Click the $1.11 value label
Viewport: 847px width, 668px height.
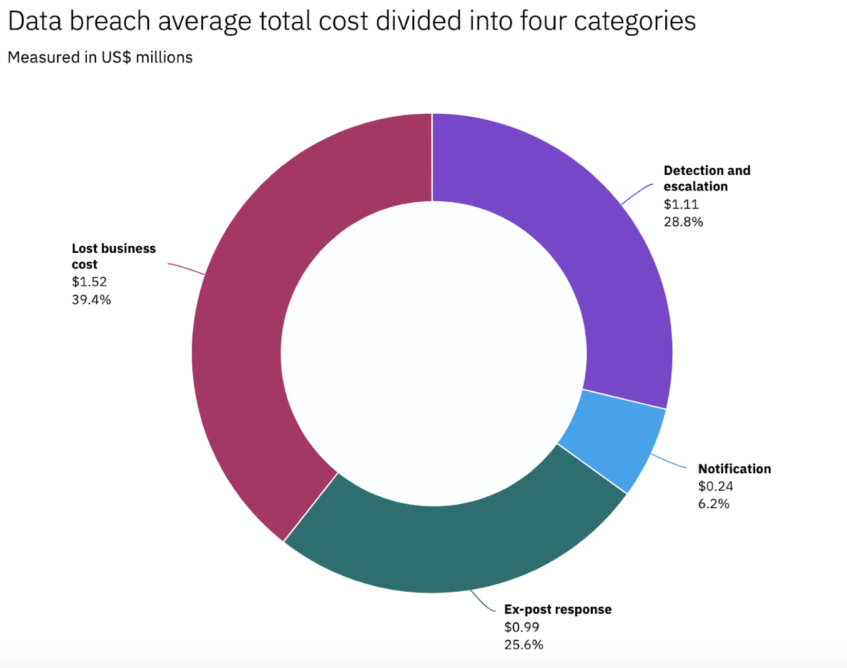(x=681, y=204)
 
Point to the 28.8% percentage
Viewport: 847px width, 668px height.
(x=683, y=222)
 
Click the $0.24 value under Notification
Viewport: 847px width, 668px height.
(x=715, y=486)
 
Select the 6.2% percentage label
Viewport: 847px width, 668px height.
(x=713, y=504)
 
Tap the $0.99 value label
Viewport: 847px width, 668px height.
(x=522, y=627)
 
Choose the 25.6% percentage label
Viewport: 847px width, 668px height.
(x=523, y=644)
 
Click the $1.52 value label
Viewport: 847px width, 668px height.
(x=89, y=282)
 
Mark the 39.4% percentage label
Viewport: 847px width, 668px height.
(x=91, y=300)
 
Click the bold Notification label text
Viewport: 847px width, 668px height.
(x=735, y=469)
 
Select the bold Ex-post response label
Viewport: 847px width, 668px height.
(x=558, y=609)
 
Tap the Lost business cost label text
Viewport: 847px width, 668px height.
(x=113, y=256)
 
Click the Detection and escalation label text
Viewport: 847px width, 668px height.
(x=706, y=178)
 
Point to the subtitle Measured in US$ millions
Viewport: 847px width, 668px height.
(x=100, y=57)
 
